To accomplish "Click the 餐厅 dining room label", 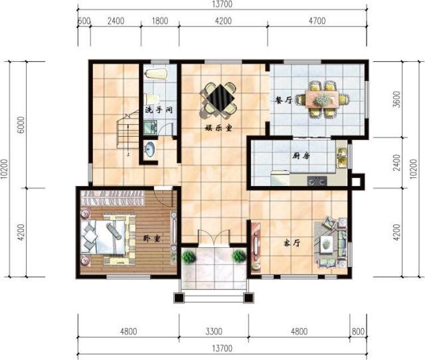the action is [284, 100].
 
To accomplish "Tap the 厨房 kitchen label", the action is [301, 155].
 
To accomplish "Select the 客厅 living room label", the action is [292, 243].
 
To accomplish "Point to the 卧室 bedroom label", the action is [152, 238].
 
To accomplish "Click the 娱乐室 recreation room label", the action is [218, 128].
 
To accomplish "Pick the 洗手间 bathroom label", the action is [159, 110].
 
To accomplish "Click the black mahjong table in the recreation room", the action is [220, 98].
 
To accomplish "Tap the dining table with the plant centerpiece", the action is [322, 99].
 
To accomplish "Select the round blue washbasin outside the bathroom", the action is [149, 149].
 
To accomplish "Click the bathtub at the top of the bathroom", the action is [155, 74].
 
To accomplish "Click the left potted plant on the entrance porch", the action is [189, 257].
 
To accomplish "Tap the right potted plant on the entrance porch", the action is [239, 256].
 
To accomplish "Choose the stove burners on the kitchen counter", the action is [317, 181].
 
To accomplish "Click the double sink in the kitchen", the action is [341, 158].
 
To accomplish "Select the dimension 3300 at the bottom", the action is [214, 331].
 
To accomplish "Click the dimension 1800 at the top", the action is [160, 21].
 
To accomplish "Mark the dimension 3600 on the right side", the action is [396, 99].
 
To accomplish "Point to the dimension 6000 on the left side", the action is [21, 125].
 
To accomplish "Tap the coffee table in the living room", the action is [327, 242].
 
